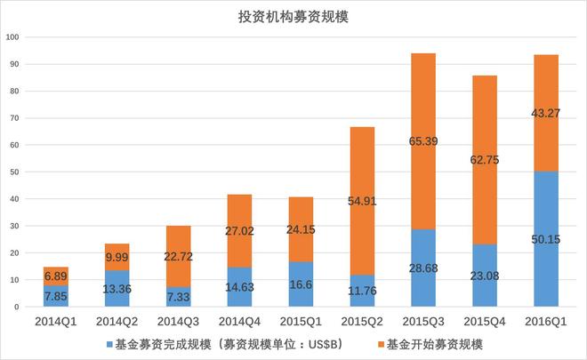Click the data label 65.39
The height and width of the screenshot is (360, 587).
423,140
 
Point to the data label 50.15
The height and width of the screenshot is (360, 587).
545,239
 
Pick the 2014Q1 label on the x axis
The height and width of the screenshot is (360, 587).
55,320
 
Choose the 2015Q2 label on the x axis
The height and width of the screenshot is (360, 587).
362,320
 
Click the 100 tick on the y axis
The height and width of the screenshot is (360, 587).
12,37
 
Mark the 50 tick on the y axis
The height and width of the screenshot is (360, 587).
14,172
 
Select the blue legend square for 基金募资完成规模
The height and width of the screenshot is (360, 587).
109,342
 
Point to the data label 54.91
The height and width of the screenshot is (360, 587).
362,201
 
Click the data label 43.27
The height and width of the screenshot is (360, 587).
545,113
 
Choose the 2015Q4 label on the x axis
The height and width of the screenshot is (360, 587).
485,320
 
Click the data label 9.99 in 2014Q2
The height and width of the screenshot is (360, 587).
117,258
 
